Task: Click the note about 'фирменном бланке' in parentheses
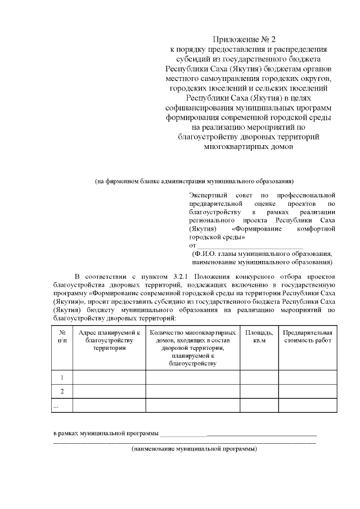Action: (x=194, y=181)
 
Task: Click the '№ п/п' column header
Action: (x=62, y=336)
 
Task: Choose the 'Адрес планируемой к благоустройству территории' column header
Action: (x=109, y=340)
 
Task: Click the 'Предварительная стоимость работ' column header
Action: (x=308, y=336)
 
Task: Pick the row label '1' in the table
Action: (x=62, y=377)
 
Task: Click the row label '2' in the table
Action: (x=62, y=391)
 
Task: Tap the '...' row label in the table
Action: (x=56, y=405)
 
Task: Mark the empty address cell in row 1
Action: (x=109, y=377)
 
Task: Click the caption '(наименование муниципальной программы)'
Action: (x=194, y=449)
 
